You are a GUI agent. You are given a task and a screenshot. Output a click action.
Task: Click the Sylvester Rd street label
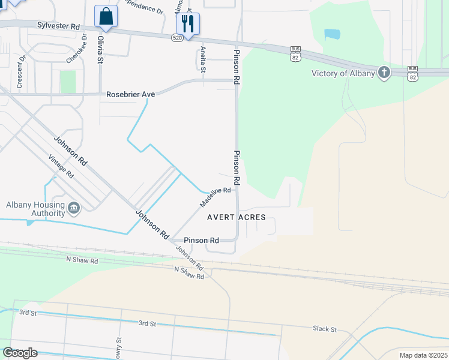point(58,26)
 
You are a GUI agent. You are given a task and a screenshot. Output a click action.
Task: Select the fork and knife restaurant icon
point(188,24)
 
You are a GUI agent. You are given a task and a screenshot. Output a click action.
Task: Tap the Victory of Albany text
point(343,74)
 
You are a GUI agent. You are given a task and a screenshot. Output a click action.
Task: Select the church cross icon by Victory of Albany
point(384,73)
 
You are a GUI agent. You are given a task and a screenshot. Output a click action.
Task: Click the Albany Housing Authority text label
point(35,209)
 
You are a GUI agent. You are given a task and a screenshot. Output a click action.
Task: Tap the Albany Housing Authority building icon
point(74,208)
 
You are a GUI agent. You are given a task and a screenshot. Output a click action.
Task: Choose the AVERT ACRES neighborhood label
point(236,217)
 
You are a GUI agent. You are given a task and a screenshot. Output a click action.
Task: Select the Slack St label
point(325,329)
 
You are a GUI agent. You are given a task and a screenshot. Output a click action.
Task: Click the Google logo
point(20,353)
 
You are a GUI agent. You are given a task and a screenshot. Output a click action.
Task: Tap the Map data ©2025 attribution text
point(423,355)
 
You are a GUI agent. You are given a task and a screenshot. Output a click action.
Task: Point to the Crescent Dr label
point(20,73)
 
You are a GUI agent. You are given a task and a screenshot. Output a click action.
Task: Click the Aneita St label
point(203,60)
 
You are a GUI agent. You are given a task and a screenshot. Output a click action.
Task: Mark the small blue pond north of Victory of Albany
point(332,34)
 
